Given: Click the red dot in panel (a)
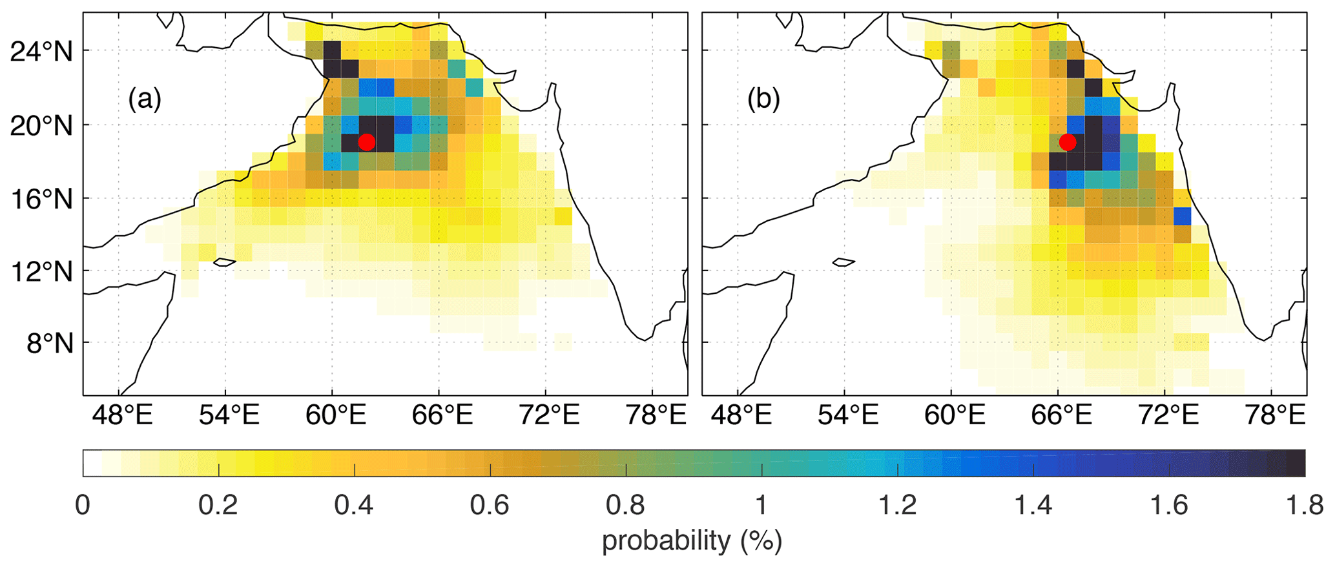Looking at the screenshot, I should [367, 142].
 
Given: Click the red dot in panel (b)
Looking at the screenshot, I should [1068, 142].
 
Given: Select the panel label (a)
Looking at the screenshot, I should [145, 100].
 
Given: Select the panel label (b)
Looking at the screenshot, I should [764, 100].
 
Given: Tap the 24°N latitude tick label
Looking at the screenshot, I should [41, 51].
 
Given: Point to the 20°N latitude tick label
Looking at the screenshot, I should [41, 125].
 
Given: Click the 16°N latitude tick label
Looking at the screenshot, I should [41, 198].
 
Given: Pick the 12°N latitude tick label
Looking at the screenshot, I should [41, 271].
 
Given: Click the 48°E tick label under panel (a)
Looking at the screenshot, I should [122, 416].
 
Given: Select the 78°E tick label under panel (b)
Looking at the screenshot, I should [1276, 416].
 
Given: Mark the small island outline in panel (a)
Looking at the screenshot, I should [225, 262].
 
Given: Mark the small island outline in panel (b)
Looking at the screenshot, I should [843, 262].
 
